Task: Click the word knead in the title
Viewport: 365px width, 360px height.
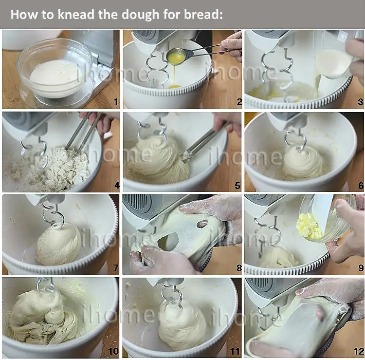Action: click(76, 15)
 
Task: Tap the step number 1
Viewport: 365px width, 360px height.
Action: click(116, 102)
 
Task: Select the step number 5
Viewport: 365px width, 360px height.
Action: click(237, 186)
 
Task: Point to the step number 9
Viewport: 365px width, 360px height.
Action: click(361, 268)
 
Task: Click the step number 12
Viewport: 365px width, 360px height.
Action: click(359, 351)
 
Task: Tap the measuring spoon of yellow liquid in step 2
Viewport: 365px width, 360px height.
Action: click(176, 55)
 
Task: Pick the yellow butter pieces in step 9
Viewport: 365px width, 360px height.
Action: click(309, 226)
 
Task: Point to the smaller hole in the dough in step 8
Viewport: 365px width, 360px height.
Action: click(202, 224)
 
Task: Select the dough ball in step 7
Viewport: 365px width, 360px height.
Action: click(58, 244)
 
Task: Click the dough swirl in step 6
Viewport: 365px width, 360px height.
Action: click(303, 163)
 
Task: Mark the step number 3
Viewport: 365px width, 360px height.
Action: click(361, 102)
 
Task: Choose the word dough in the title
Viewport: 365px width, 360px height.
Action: click(141, 15)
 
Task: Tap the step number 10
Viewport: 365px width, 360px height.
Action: click(113, 351)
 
